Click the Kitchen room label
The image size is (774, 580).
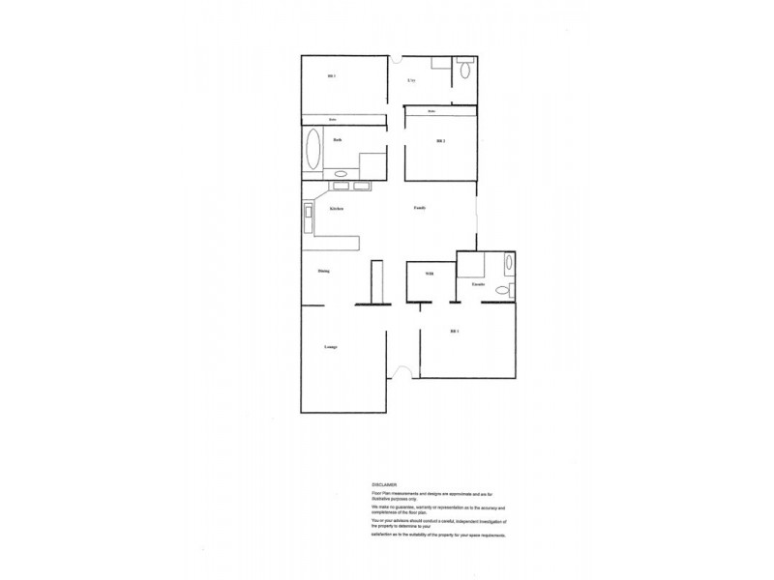click(337, 209)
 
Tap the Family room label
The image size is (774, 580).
click(420, 208)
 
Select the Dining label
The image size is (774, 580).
click(324, 271)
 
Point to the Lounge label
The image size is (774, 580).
click(330, 346)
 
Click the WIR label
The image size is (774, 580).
click(430, 275)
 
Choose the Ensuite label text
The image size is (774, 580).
click(478, 284)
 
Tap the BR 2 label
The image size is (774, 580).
click(440, 141)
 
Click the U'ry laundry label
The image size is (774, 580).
click(412, 79)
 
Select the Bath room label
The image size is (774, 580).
click(338, 140)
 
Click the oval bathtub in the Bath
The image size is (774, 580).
click(313, 151)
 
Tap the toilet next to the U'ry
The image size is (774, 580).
click(465, 70)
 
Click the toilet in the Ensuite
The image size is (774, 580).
click(502, 290)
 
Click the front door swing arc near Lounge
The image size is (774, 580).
click(407, 369)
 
